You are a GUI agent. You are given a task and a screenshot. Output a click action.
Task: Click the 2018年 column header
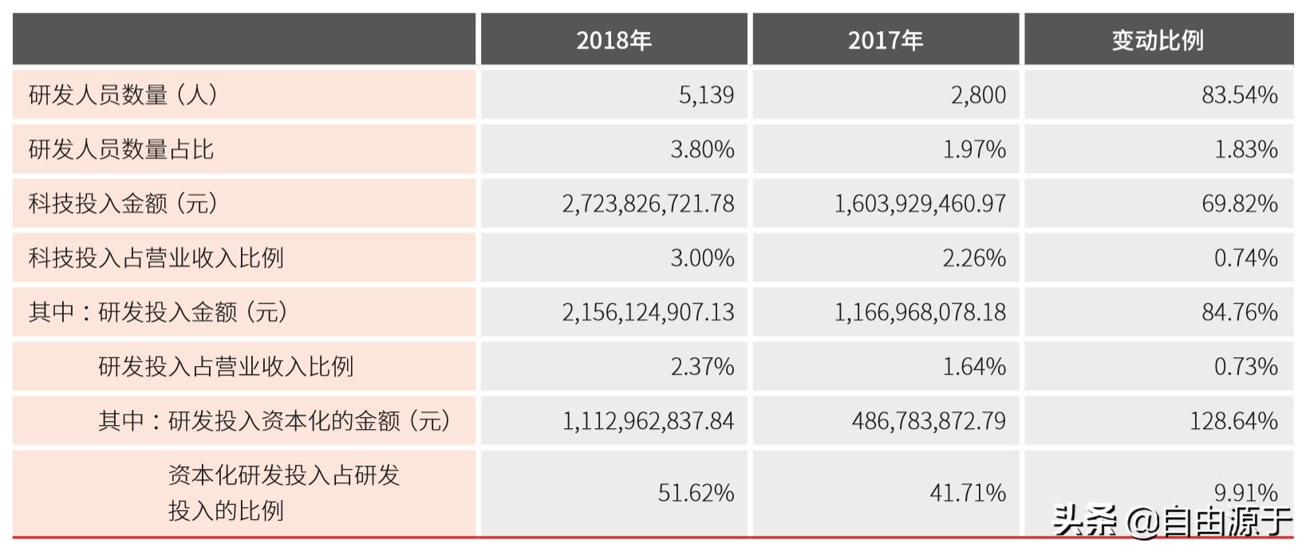coord(614,40)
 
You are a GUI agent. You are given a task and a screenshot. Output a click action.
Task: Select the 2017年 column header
coord(886,40)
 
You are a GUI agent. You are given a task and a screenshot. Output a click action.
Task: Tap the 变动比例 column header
coord(1158,40)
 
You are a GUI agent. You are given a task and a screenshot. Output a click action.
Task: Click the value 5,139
coord(706,95)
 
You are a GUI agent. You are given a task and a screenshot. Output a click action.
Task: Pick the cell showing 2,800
coord(978,95)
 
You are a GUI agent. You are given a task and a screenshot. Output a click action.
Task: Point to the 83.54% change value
coord(1239,95)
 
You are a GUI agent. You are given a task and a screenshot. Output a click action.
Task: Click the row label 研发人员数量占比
coord(121,149)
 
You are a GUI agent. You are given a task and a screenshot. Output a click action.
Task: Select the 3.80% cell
coord(702,149)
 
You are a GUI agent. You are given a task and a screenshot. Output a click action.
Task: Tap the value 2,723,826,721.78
coord(648,203)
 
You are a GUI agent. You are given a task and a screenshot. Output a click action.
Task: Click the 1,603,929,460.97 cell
coord(920,203)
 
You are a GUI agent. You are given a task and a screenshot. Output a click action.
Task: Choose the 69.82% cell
coord(1239,203)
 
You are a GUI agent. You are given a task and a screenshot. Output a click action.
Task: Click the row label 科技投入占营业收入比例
coord(156,258)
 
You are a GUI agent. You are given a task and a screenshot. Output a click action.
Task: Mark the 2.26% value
coord(973,258)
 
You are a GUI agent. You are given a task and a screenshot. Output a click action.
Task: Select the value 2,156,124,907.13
coord(648,312)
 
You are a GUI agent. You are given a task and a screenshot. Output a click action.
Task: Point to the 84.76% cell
coord(1239,312)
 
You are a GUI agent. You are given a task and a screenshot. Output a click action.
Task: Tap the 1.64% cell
coord(973,366)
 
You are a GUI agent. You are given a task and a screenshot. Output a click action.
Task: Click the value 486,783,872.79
coord(929,420)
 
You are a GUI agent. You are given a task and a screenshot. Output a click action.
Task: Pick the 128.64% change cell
coord(1233,420)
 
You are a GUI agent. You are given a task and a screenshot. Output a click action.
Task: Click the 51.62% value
coord(696,493)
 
